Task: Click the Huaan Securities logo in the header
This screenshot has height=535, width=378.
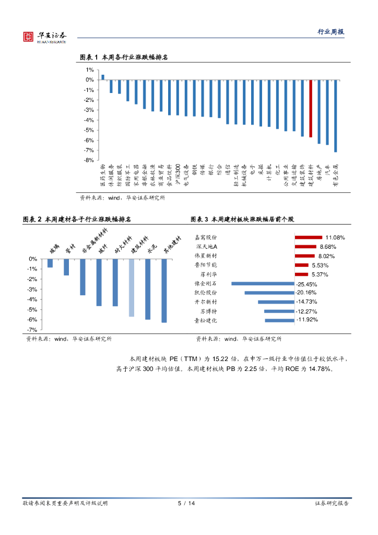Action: point(45,37)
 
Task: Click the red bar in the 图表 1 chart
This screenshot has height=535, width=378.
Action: point(311,108)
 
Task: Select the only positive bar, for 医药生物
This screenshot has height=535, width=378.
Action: point(102,77)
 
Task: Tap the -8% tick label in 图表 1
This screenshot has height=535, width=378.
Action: point(89,160)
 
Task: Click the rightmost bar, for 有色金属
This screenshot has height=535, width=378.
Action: point(336,115)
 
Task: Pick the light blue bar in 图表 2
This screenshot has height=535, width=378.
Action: point(132,287)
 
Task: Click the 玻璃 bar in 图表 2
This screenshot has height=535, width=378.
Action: point(50,263)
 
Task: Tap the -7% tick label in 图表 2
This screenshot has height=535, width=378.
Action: point(32,330)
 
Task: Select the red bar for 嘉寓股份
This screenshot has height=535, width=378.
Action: point(308,237)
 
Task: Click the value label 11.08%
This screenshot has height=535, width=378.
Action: point(335,237)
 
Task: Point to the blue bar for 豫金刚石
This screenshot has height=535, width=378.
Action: point(263,283)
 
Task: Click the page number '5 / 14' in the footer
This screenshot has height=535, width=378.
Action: point(186,503)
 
